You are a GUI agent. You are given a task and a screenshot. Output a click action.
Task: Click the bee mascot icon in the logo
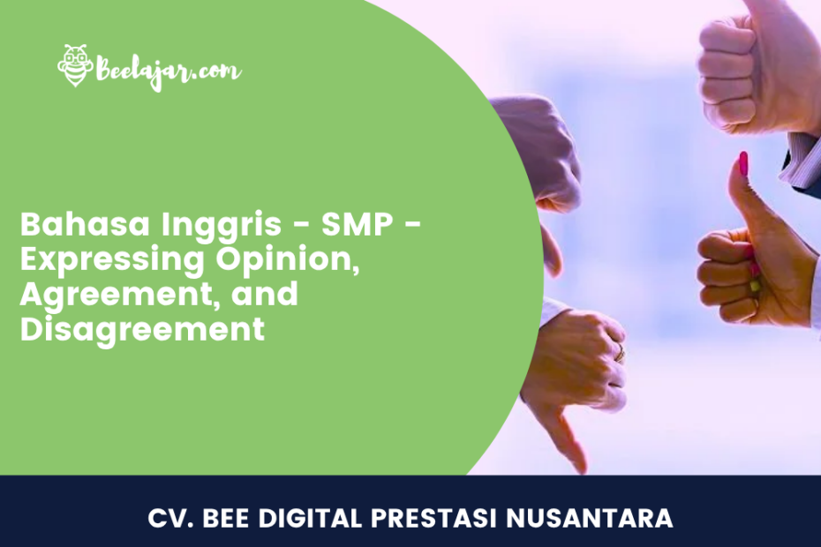coord(76,65)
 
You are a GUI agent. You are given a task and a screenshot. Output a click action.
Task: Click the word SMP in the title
coord(358,224)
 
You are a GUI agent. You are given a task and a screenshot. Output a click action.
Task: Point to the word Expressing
coord(112,260)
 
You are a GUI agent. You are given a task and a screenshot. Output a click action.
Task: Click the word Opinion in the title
coord(289,260)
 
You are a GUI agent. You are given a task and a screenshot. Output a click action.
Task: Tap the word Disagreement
coord(142,330)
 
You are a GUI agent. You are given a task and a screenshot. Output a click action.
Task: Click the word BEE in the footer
coord(227,518)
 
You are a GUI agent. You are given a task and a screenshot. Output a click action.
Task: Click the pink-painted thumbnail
coord(743,164)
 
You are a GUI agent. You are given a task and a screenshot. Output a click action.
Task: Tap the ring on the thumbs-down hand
coord(621,352)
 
